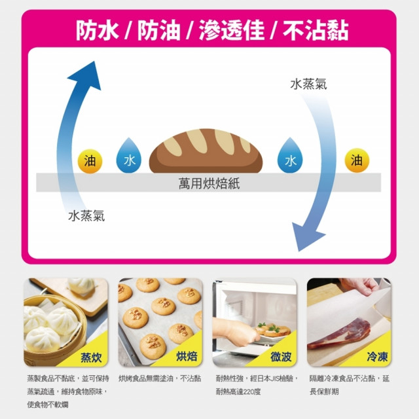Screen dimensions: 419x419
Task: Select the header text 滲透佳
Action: point(229,30)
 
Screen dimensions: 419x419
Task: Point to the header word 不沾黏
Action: point(313,30)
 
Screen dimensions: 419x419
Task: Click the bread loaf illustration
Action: point(206,151)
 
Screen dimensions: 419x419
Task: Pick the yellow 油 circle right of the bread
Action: point(357,160)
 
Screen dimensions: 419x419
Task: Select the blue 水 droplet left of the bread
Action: point(128,158)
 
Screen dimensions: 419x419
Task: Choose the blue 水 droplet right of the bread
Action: point(289,158)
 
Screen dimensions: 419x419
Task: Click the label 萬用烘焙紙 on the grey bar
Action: point(209,183)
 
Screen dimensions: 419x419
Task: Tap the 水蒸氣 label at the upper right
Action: point(308,84)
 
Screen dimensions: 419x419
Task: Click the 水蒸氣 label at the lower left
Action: point(86,216)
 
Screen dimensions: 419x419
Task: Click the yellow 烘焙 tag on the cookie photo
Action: point(187,357)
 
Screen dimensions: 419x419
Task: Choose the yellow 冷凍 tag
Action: point(377,357)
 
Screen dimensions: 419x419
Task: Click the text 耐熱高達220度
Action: point(238,392)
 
